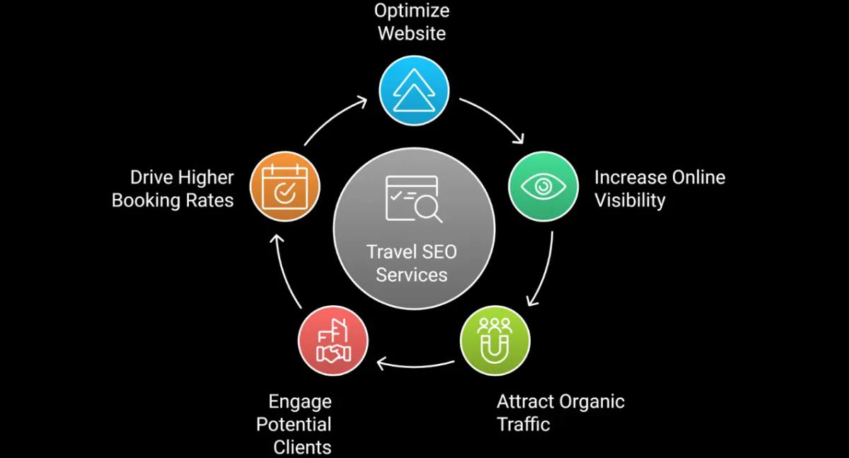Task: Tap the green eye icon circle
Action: pyautogui.click(x=543, y=186)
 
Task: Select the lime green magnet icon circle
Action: pyautogui.click(x=495, y=339)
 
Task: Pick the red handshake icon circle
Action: pyautogui.click(x=333, y=340)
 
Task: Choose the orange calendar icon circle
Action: pyautogui.click(x=285, y=186)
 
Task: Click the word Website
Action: pyautogui.click(x=412, y=33)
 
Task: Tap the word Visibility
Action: pyautogui.click(x=630, y=200)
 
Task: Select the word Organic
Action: pyautogui.click(x=592, y=402)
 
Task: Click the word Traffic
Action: pyautogui.click(x=523, y=425)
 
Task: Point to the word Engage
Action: pyautogui.click(x=299, y=402)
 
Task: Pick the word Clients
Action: pyautogui.click(x=302, y=447)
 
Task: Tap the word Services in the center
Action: pyautogui.click(x=412, y=275)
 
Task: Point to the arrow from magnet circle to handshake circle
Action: pyautogui.click(x=415, y=365)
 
